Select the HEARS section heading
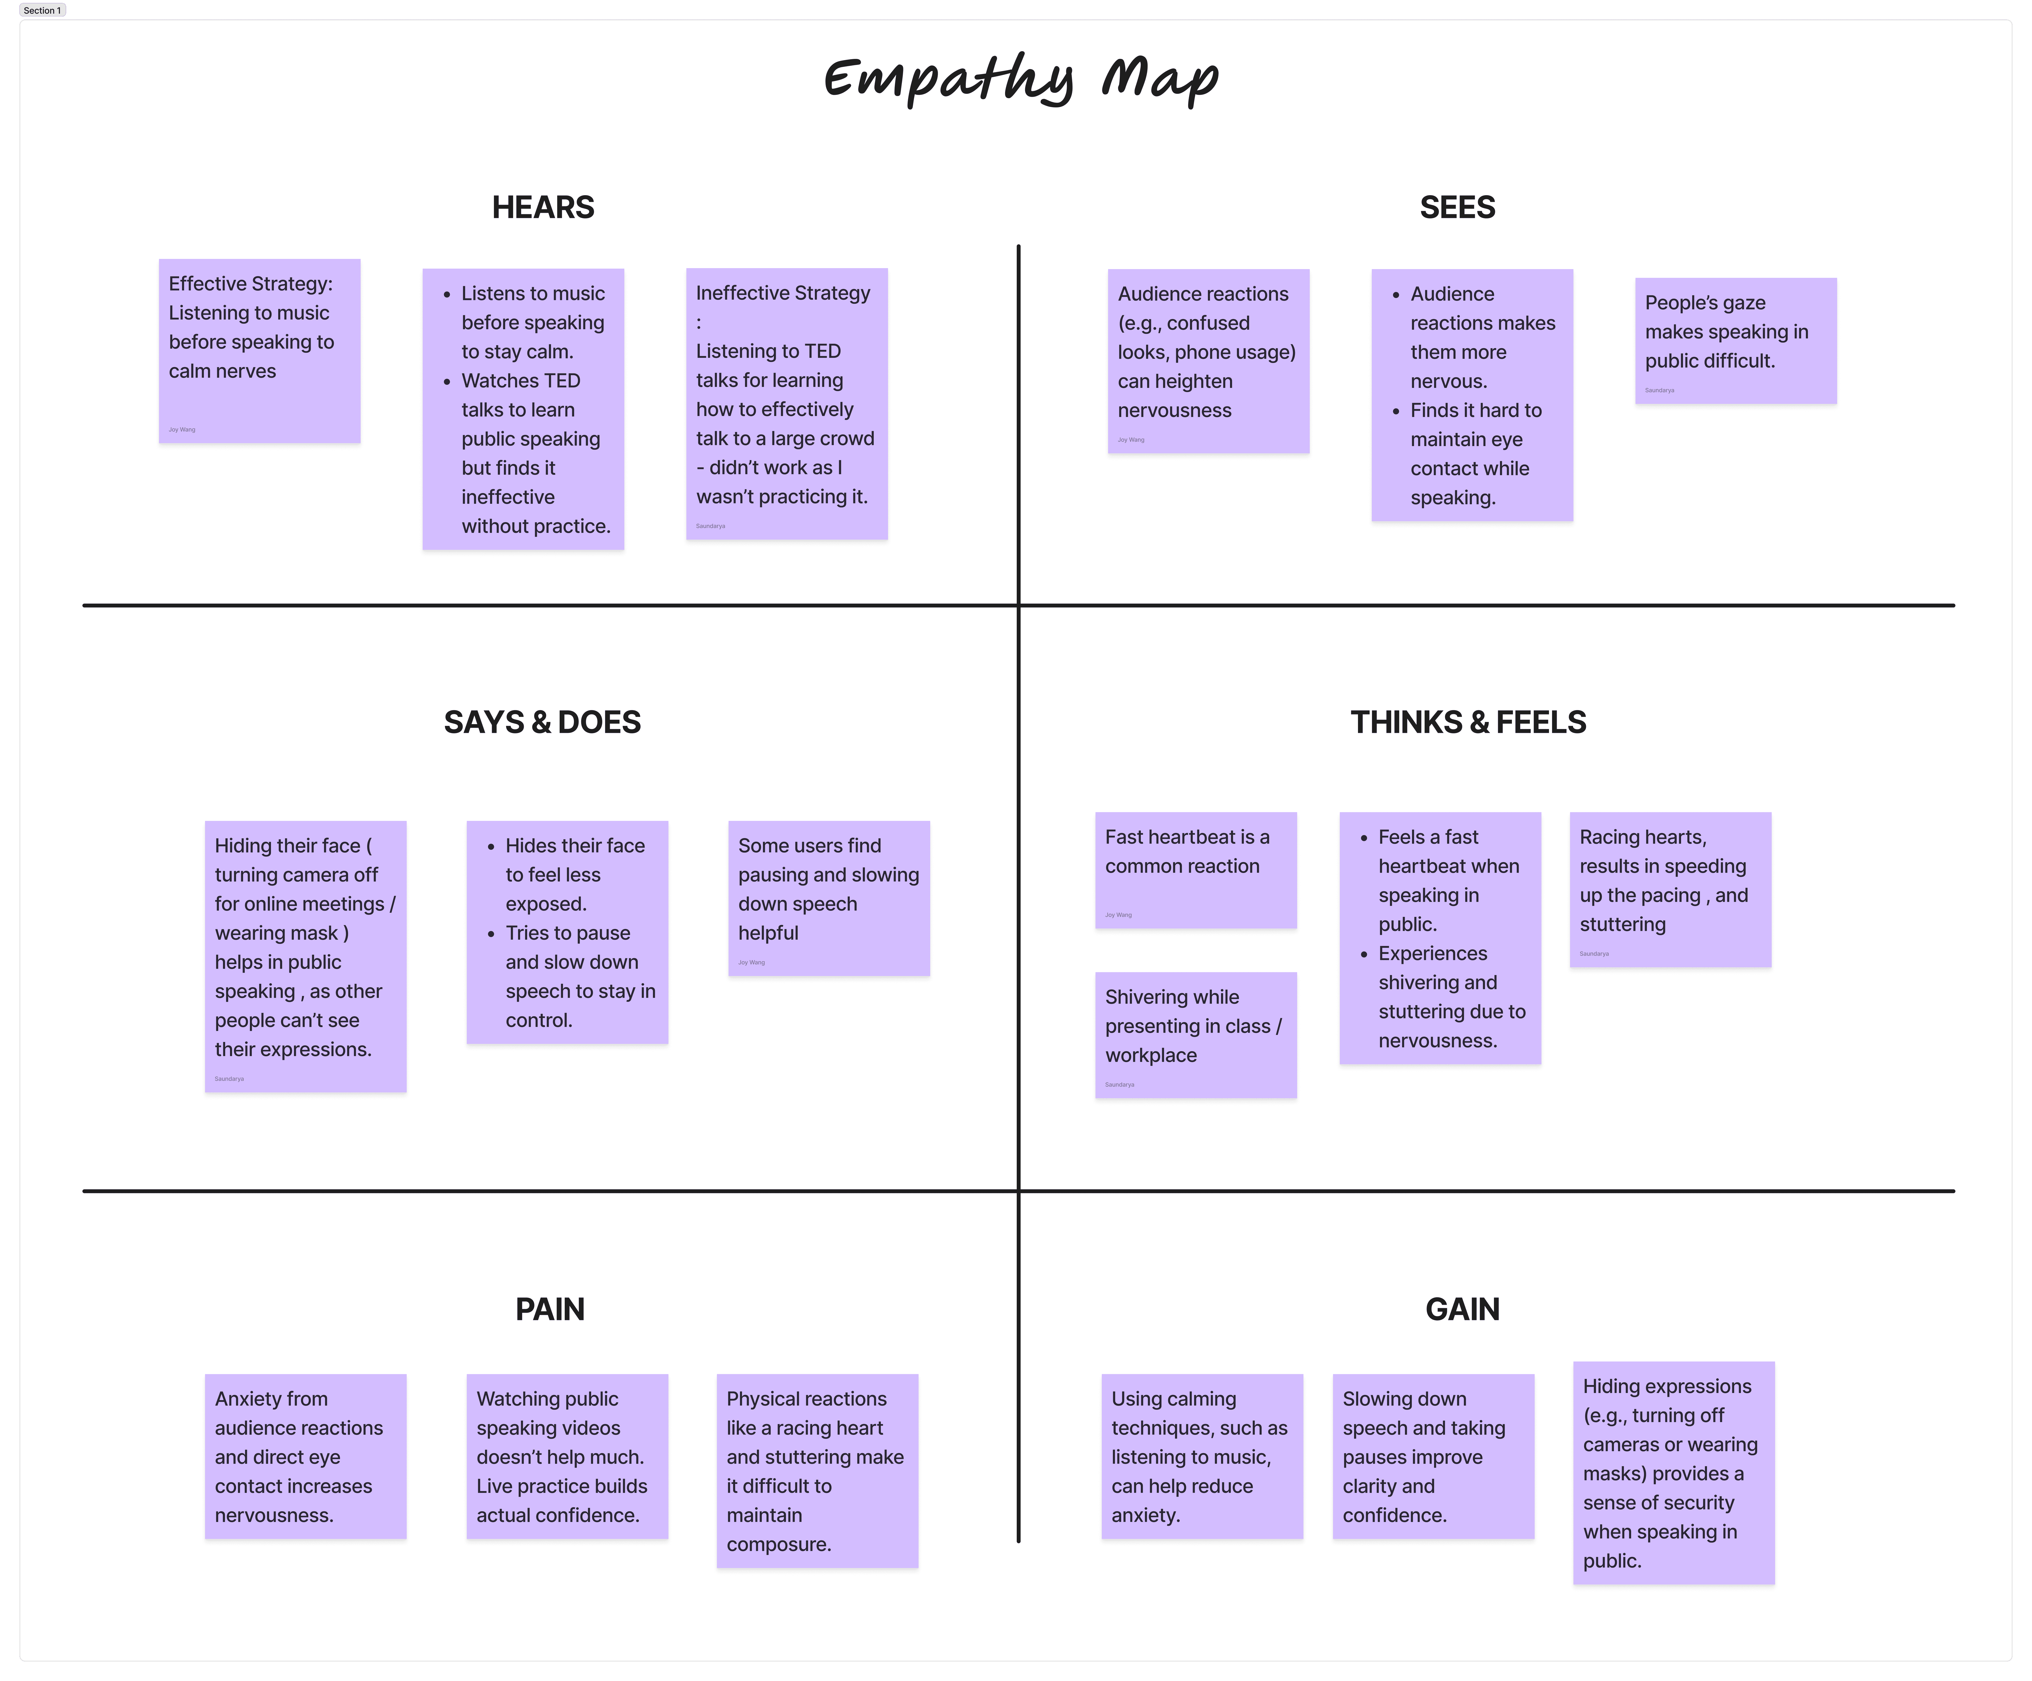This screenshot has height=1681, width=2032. [x=543, y=207]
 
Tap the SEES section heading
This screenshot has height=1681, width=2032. [x=1457, y=207]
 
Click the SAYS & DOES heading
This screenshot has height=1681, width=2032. [x=542, y=722]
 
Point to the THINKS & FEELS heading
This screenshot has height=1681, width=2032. [x=1468, y=722]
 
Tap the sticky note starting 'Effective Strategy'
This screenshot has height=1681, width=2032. [x=259, y=350]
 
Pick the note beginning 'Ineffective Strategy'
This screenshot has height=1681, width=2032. [x=787, y=404]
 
